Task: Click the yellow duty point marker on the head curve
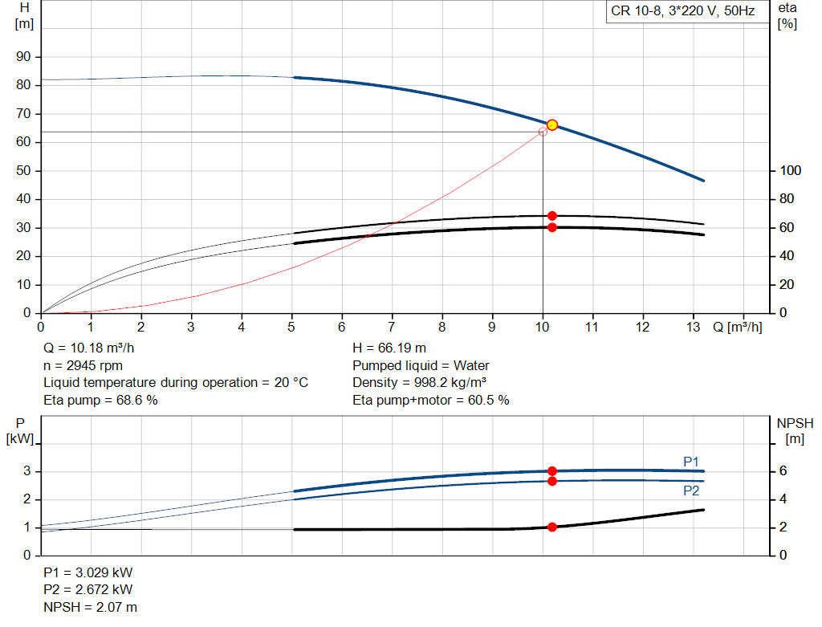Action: coord(552,124)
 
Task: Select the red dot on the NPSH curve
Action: coord(552,527)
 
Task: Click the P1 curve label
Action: coord(691,462)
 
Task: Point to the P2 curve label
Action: coord(691,491)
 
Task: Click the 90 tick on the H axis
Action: coord(23,57)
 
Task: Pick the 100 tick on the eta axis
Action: coord(790,170)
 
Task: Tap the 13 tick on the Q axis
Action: coord(693,327)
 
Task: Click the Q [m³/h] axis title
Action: coord(737,327)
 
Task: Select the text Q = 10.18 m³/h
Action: coord(88,348)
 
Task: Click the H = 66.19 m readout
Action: coord(389,348)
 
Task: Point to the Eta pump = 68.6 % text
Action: coord(100,400)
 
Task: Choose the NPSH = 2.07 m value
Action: coord(90,607)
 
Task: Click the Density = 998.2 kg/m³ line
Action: coord(419,383)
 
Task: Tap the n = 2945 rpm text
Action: coord(83,365)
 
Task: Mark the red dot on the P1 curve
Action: coord(552,470)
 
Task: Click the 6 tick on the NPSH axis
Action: coord(783,470)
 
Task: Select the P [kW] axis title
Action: coord(20,431)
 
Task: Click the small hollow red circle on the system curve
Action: coord(543,132)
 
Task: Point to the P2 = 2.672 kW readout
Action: coord(88,589)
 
